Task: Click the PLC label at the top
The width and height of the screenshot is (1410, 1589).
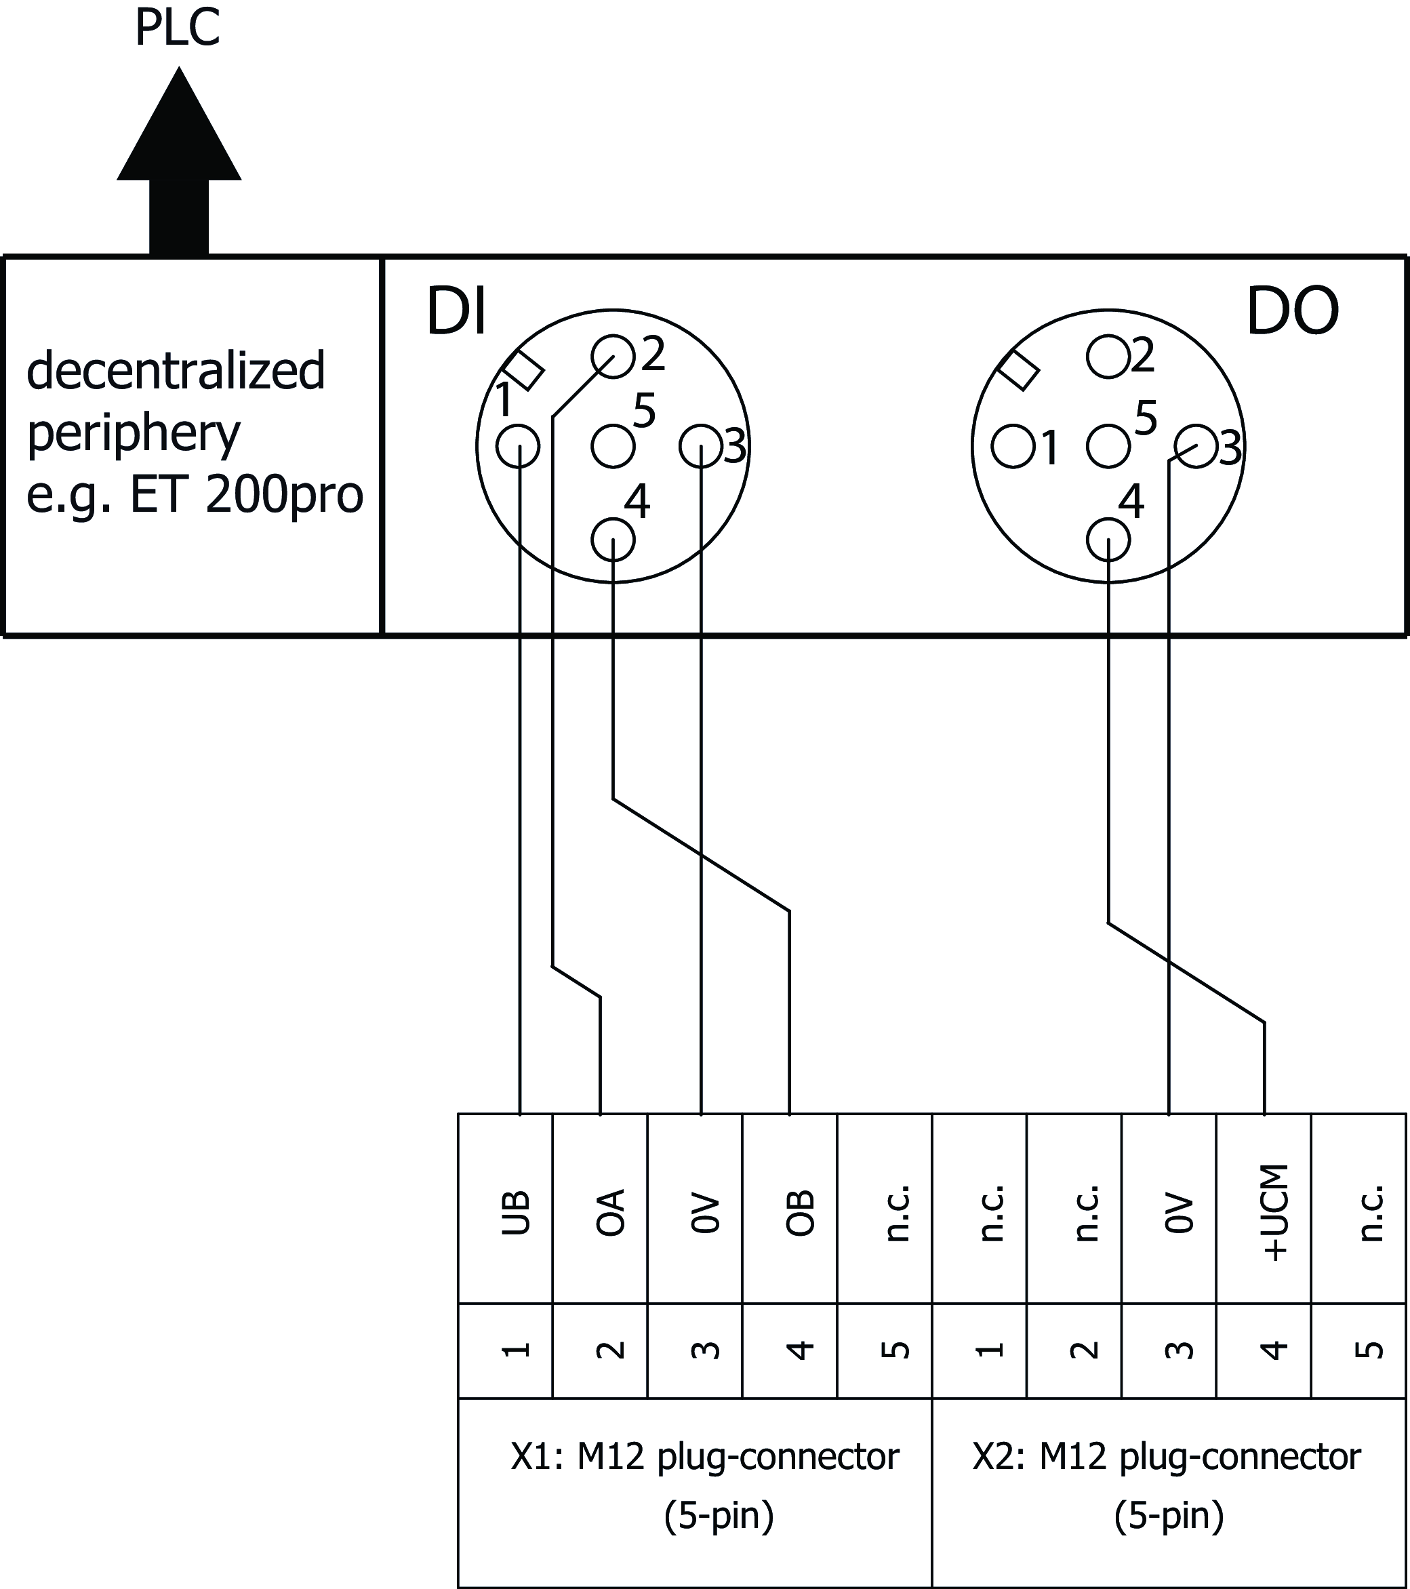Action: coord(177,28)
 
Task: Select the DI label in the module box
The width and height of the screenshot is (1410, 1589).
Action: coord(456,312)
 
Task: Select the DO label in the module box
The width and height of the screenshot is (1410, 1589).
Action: coord(1292,312)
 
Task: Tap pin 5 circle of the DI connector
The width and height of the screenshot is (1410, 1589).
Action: coord(613,446)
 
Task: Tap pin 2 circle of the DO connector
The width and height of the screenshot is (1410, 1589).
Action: coord(1108,357)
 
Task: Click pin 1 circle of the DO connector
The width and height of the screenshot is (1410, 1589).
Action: coord(1013,446)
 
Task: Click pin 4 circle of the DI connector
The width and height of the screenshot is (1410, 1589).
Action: coord(613,540)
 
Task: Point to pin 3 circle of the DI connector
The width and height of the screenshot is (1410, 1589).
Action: coord(700,446)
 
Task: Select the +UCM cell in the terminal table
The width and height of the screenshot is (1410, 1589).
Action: coord(1264,1212)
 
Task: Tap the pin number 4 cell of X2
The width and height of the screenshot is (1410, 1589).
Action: coord(1264,1350)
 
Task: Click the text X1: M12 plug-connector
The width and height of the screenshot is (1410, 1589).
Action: coord(704,1457)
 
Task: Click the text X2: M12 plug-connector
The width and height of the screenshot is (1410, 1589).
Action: coord(1166,1457)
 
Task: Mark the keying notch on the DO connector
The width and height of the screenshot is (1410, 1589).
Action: coord(1018,369)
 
